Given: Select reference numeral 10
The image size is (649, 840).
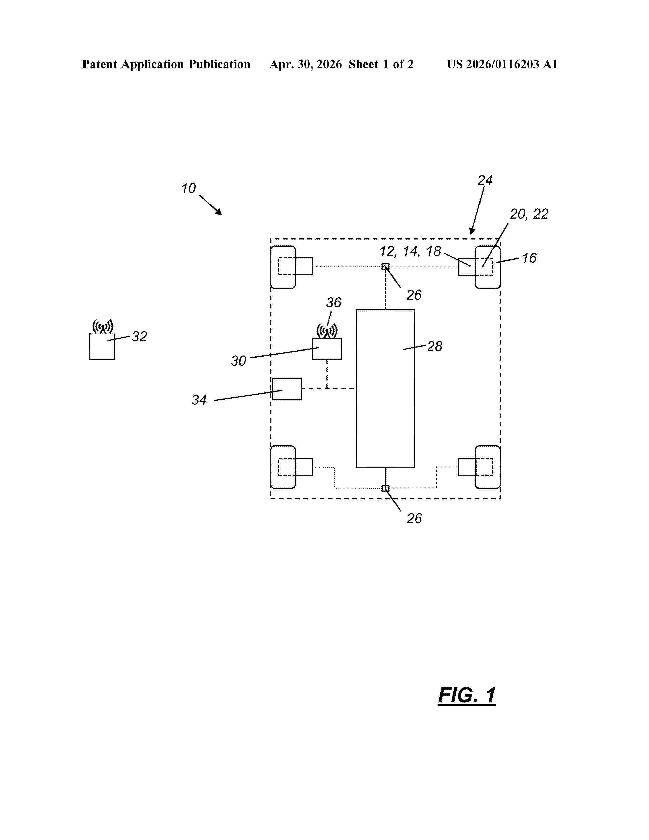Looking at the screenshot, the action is [x=188, y=188].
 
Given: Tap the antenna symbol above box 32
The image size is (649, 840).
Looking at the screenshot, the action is [x=103, y=327].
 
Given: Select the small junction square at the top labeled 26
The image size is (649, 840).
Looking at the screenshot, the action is [x=385, y=267].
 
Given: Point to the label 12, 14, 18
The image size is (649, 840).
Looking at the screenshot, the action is [x=410, y=251].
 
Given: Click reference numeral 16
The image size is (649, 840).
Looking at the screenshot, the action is [x=529, y=258].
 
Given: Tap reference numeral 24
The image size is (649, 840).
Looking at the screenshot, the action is [x=485, y=180].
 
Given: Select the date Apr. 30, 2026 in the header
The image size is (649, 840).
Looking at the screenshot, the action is [x=306, y=64].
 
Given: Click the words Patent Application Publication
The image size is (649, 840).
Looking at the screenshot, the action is [x=166, y=64].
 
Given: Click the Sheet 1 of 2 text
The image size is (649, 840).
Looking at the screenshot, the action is [x=381, y=64].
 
